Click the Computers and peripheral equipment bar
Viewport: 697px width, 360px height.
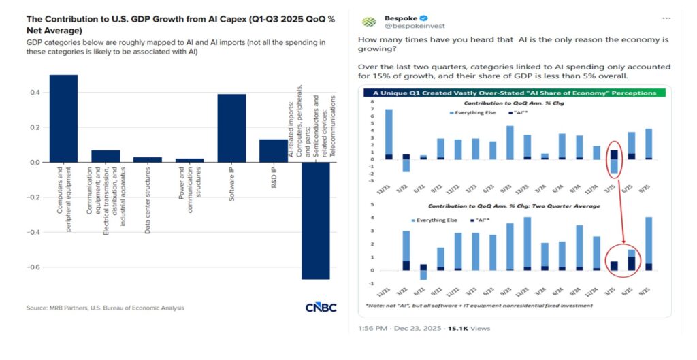[63, 118]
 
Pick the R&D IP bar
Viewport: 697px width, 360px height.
[273, 150]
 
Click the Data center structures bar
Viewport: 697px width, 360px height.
[147, 159]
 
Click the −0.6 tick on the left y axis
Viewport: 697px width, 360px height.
[32, 267]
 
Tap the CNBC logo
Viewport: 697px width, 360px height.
[321, 308]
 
